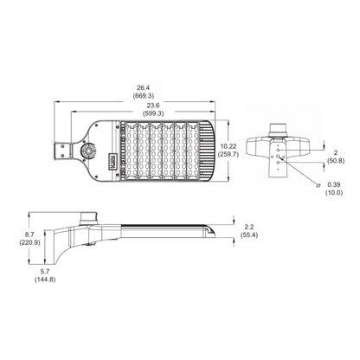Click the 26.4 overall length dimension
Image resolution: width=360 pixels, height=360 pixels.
tap(144, 87)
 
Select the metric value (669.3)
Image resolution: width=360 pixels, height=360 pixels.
tap(144, 95)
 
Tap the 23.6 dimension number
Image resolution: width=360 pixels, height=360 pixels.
tap(152, 106)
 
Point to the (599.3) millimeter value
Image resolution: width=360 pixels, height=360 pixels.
tap(152, 113)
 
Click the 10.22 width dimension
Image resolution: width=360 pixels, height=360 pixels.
tap(228, 146)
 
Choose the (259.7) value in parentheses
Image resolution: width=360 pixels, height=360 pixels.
tap(228, 154)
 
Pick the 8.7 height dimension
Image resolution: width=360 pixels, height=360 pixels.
tap(29, 235)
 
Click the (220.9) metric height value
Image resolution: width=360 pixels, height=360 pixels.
tap(29, 242)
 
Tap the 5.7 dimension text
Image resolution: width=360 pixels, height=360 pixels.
tap(45, 272)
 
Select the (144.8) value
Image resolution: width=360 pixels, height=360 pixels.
tap(45, 280)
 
